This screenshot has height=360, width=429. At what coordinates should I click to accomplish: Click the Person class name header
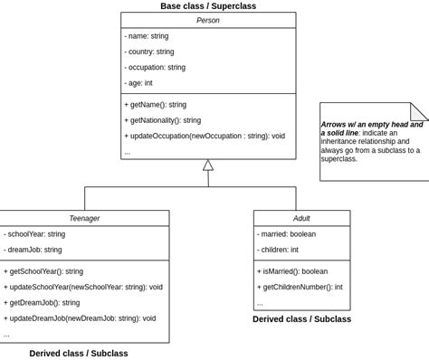pyautogui.click(x=207, y=20)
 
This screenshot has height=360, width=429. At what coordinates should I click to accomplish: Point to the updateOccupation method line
pyautogui.click(x=205, y=136)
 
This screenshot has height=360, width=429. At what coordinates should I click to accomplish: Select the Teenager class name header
pyautogui.click(x=84, y=218)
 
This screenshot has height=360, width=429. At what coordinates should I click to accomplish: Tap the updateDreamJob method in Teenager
pyautogui.click(x=80, y=318)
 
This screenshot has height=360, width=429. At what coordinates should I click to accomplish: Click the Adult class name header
pyautogui.click(x=301, y=218)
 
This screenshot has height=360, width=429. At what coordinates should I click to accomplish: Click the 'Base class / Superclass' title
pyautogui.click(x=208, y=6)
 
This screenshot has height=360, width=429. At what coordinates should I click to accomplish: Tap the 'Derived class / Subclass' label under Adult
pyautogui.click(x=301, y=319)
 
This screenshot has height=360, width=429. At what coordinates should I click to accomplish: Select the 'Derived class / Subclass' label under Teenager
pyautogui.click(x=79, y=353)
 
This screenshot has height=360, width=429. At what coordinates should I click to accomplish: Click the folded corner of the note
pyautogui.click(x=420, y=111)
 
